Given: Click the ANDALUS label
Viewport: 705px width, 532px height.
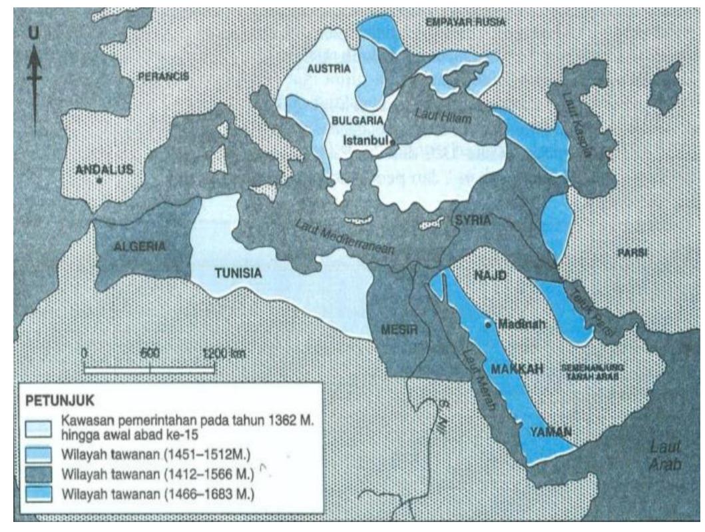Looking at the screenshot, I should point(105,169).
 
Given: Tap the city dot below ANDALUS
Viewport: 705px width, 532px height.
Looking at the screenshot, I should point(99,181).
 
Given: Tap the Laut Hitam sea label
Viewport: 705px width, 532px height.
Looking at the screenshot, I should point(434,115).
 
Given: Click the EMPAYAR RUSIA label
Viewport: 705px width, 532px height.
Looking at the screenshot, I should point(466,23).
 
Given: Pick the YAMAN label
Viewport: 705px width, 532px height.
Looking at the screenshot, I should point(550,432).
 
